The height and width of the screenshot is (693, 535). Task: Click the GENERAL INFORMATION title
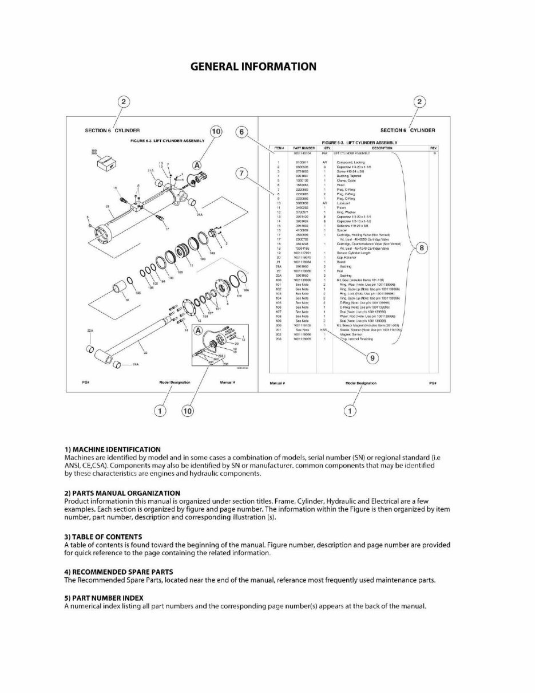pos(253,66)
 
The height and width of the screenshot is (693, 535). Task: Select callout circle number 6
pos(242,132)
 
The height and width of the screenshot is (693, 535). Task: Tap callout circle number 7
pos(242,173)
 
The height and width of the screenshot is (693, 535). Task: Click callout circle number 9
pos(372,358)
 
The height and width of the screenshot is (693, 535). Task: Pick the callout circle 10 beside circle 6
pos(216,132)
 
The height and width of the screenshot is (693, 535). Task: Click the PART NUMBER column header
pos(301,147)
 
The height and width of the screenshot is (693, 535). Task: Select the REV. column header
pos(433,147)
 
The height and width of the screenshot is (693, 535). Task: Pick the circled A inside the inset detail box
pos(197,331)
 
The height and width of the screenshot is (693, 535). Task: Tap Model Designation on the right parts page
pos(361,383)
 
